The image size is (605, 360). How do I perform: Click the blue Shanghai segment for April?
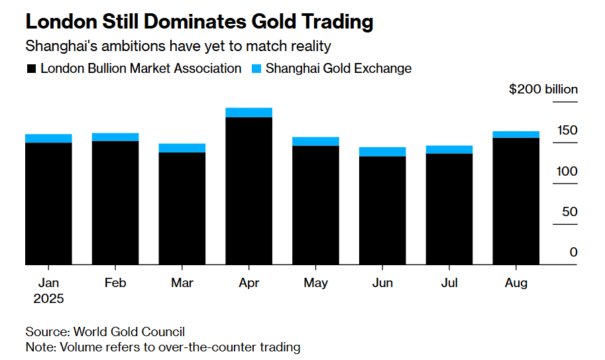(x=248, y=112)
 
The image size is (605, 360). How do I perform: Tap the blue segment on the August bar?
(x=516, y=135)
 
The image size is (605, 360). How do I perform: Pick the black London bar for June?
(x=382, y=210)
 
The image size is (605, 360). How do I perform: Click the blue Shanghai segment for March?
(x=182, y=148)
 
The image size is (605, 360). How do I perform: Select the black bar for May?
(x=315, y=205)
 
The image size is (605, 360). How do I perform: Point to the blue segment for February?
(x=115, y=137)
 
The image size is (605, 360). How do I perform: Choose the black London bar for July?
(x=449, y=209)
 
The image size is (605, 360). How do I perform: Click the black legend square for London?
(x=30, y=69)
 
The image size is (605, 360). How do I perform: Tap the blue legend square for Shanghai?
(x=256, y=69)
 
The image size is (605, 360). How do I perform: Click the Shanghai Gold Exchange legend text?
(x=338, y=68)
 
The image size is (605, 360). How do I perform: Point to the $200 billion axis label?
(x=543, y=90)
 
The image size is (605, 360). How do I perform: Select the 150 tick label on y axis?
(x=567, y=130)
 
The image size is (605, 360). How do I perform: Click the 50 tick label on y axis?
(x=570, y=212)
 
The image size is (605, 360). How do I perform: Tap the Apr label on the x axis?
(x=248, y=283)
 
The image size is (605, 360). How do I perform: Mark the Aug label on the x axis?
(x=516, y=283)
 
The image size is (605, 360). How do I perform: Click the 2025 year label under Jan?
(x=48, y=298)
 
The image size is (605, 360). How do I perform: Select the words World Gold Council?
(x=129, y=331)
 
